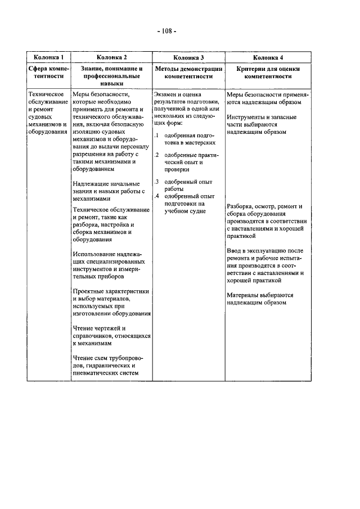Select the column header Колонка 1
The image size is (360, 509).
48,57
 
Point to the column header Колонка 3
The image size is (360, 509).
188,57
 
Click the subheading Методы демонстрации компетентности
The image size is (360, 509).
188,72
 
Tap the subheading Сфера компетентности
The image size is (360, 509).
48,72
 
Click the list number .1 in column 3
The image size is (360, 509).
156,136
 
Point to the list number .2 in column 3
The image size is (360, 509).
156,155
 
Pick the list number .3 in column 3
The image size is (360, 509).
156,182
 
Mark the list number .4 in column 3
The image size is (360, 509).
156,196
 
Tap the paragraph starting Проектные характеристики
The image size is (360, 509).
111,302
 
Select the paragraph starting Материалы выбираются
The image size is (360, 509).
260,298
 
